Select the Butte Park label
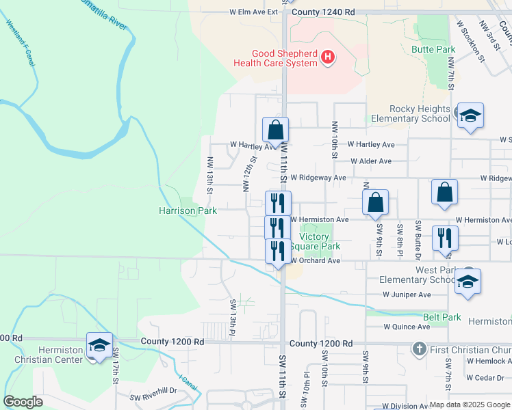coord(433,50)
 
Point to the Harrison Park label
coord(188,211)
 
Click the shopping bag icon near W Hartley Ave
coord(276,129)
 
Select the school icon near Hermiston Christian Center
coord(99,344)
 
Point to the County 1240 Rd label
coord(323,12)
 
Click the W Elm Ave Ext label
coord(254,12)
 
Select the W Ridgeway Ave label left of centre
coord(318,177)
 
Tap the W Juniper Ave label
coord(407,295)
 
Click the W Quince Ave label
coord(407,327)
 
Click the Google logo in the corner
coord(23,402)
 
